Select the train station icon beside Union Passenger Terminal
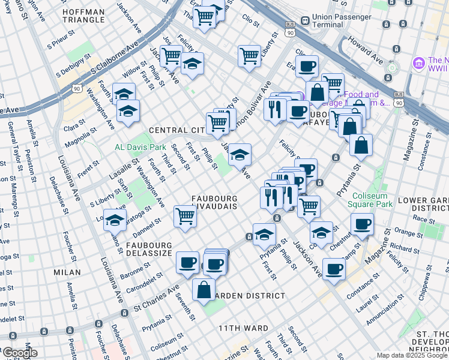pos(306,22)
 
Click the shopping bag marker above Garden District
pos(204,289)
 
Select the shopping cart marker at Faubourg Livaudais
pos(185,217)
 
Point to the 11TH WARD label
pos(242,328)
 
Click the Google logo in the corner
pos(20,353)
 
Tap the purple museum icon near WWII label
pos(418,62)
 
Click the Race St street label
pos(427,220)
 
